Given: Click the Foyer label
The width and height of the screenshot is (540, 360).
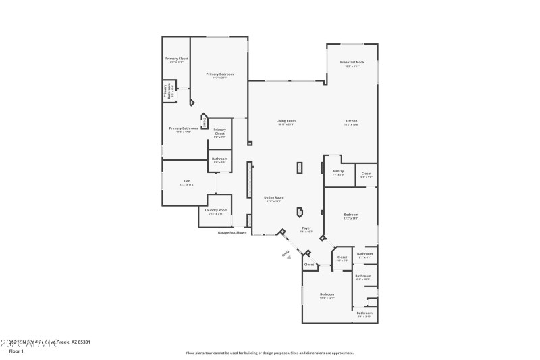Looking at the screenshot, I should tap(306, 228).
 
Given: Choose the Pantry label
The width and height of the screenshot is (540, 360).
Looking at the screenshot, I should tap(338, 171).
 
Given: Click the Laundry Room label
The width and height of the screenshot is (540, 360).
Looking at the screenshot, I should tap(217, 211).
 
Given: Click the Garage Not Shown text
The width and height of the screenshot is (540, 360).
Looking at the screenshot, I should tap(232, 233).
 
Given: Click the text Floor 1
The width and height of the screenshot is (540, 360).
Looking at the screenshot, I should tap(17, 351).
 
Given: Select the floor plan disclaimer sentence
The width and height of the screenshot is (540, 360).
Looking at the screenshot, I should tap(269, 353).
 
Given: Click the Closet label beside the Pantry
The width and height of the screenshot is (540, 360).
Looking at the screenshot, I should tap(366, 174).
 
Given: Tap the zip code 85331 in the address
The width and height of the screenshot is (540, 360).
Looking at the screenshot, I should tap(83, 342).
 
